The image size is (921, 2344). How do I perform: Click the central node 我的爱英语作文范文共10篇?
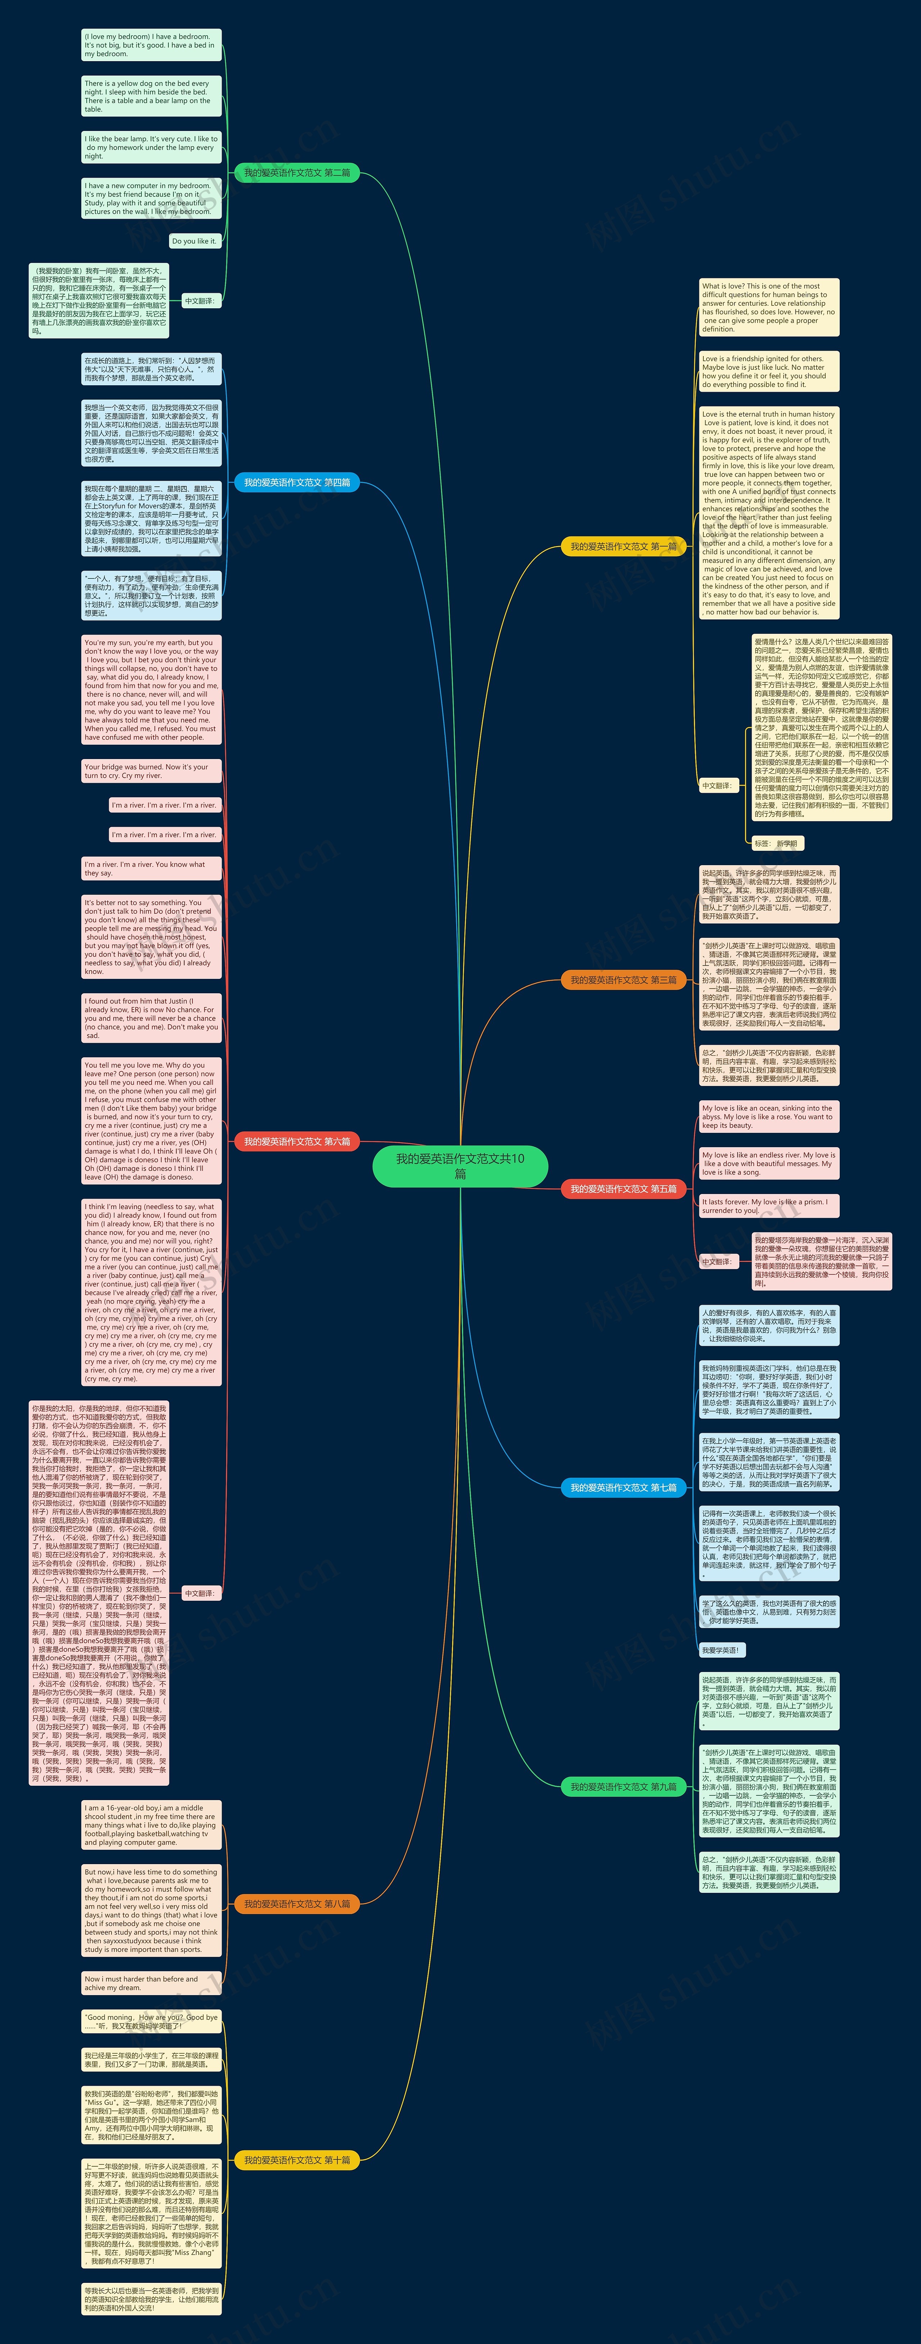tap(460, 1166)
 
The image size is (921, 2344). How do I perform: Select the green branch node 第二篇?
tap(297, 173)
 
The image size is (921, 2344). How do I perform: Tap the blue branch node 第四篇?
tap(297, 482)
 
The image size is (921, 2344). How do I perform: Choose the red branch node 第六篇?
tap(297, 1141)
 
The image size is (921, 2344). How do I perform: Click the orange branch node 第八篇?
tap(297, 1904)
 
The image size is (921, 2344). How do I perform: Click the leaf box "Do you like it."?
tap(195, 241)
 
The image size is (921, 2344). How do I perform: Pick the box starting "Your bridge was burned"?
tap(151, 771)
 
